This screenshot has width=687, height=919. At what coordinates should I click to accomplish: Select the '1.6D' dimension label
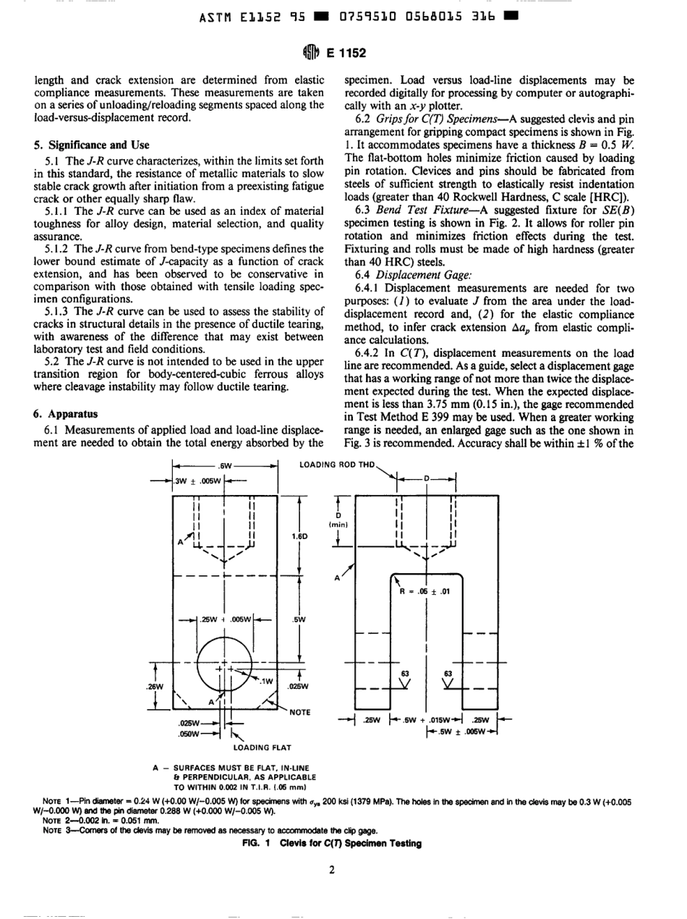coord(298,536)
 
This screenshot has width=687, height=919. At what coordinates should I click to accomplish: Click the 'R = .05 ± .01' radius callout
coord(425,591)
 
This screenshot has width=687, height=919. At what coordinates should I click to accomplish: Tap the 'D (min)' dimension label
coord(338,517)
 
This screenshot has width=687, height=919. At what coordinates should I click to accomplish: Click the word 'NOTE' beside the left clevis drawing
coord(300,712)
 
